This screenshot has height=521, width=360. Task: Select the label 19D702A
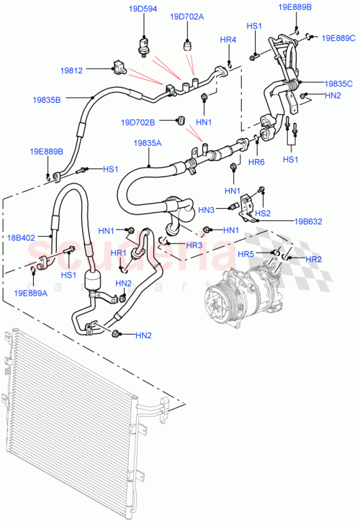187,17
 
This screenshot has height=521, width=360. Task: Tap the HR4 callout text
228,39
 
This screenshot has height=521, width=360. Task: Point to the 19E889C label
338,38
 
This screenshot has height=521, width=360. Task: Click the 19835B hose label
47,99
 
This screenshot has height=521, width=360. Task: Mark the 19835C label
338,83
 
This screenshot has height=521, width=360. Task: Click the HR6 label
257,162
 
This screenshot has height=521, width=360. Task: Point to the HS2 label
264,213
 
